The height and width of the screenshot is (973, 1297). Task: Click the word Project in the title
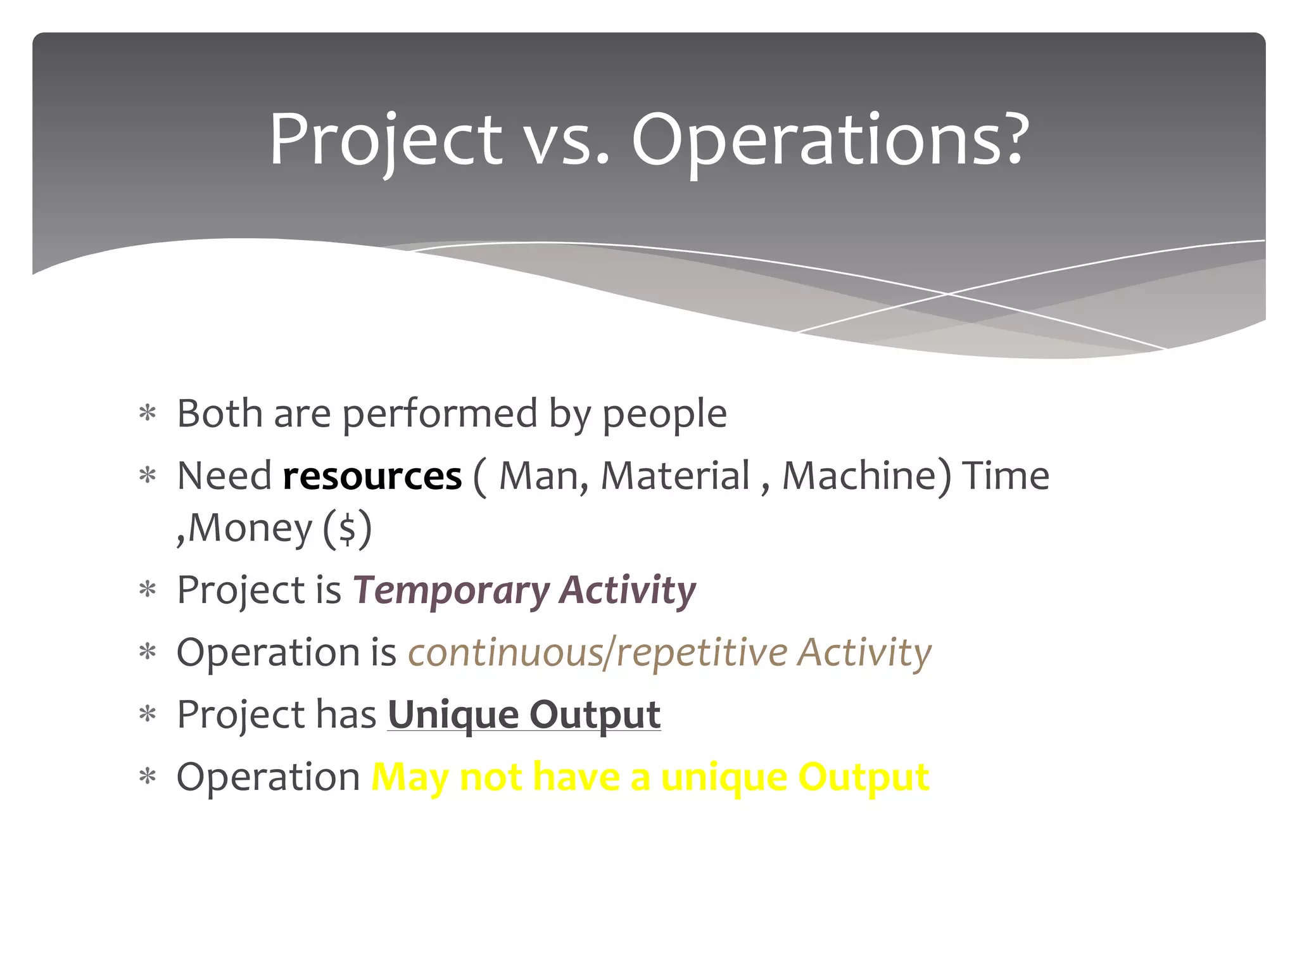(385, 141)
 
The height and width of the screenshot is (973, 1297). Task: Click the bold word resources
(372, 476)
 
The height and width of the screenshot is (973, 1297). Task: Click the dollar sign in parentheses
(347, 529)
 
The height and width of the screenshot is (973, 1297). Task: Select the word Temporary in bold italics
(451, 591)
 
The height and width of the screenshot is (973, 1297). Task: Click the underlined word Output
(595, 715)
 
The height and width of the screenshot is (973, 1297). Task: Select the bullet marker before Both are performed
(148, 415)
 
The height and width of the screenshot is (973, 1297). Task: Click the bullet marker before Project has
(148, 715)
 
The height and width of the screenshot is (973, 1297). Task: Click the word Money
(250, 528)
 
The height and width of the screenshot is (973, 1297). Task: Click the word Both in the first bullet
(219, 414)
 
